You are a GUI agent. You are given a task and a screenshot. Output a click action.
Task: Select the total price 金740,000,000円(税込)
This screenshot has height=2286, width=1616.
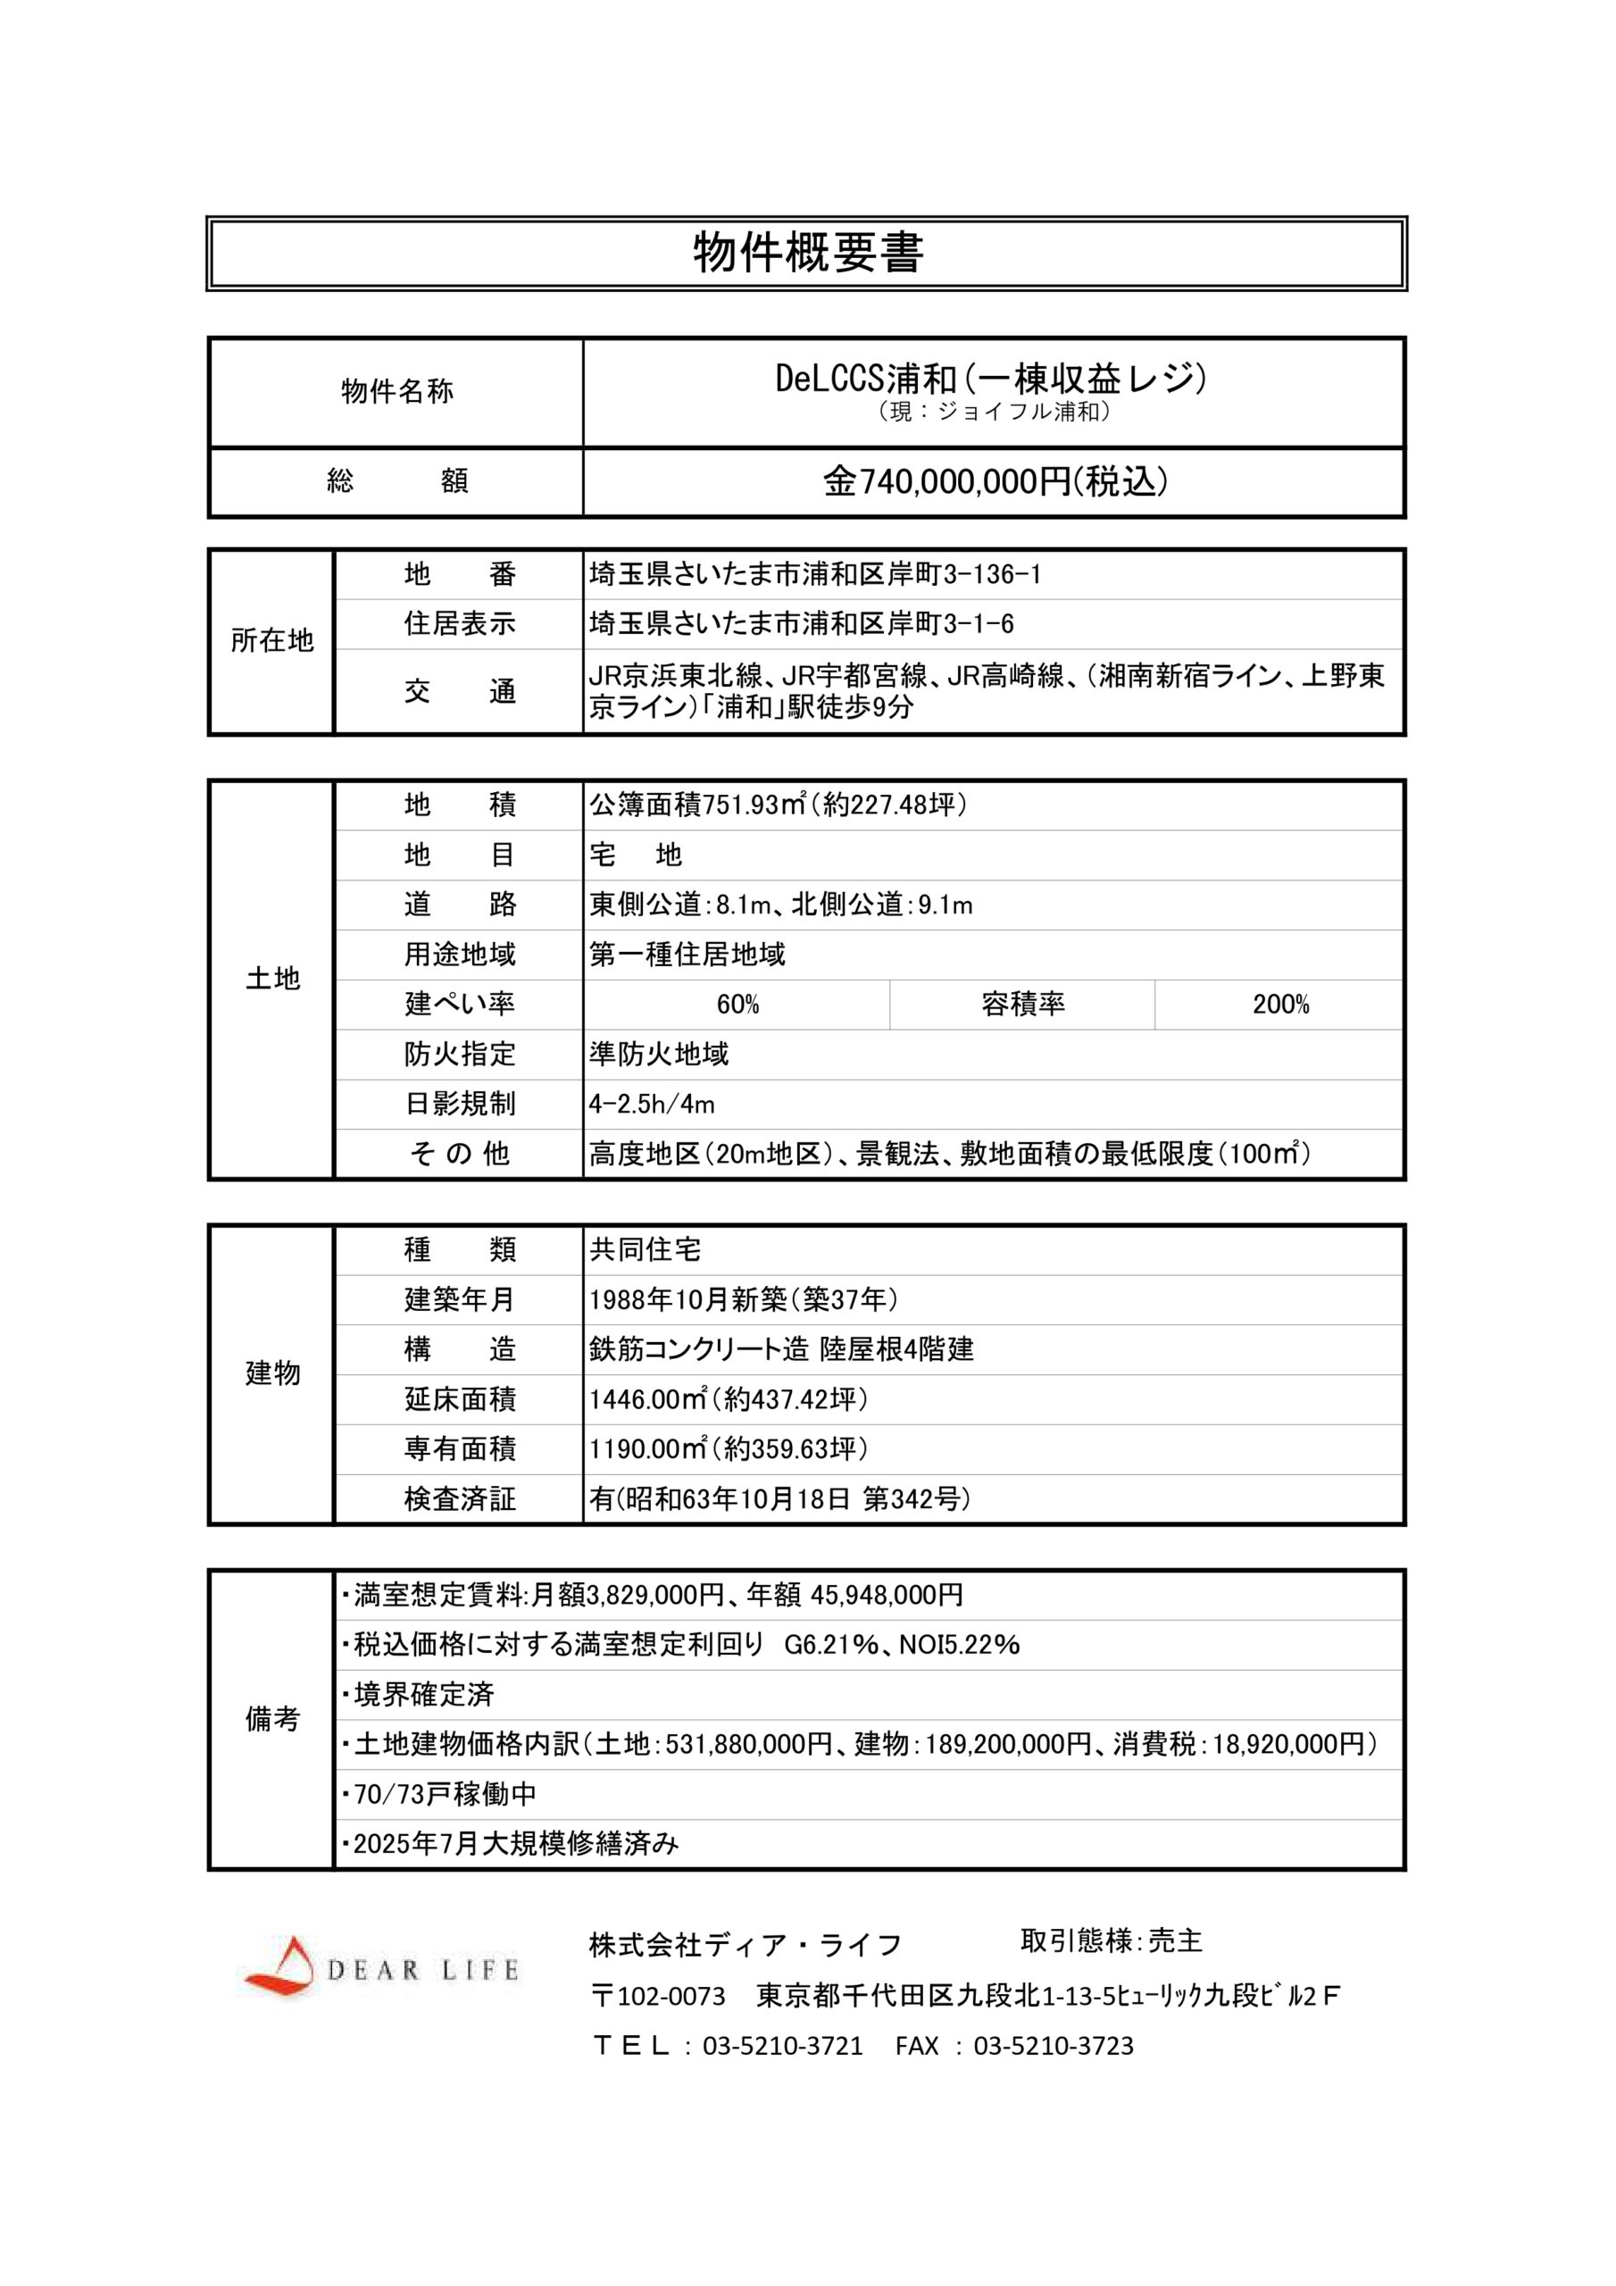(994, 482)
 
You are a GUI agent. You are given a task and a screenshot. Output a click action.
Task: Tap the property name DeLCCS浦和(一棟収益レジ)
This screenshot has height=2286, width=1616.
(992, 379)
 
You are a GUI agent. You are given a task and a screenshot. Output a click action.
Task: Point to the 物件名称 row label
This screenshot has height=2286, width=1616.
(396, 391)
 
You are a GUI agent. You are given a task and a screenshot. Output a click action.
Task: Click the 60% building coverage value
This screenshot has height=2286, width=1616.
(737, 1005)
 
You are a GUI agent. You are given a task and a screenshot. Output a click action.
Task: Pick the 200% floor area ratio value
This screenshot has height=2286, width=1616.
(1280, 1005)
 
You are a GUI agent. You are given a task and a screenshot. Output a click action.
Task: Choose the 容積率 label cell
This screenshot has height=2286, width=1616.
(1022, 1005)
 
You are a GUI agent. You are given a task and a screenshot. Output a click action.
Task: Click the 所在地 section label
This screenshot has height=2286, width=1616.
(271, 641)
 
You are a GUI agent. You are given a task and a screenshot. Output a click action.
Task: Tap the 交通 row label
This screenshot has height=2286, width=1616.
(459, 692)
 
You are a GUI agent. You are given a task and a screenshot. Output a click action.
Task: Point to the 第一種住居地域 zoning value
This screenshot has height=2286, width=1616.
(687, 955)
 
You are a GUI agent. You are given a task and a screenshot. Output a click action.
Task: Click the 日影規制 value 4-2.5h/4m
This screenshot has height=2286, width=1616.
(651, 1105)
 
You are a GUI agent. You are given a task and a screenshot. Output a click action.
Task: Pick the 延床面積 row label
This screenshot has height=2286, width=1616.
(459, 1399)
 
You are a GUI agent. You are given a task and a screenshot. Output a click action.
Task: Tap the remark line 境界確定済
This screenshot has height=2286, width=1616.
(423, 1695)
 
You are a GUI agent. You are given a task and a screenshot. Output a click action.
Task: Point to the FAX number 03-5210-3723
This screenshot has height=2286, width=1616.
(1053, 2046)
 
